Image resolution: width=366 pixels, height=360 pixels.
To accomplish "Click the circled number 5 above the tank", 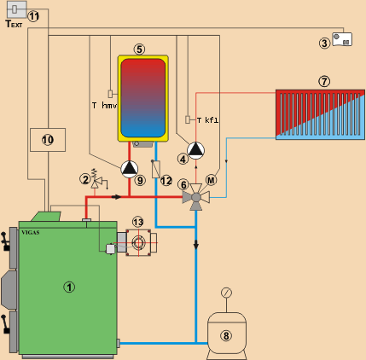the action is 139,49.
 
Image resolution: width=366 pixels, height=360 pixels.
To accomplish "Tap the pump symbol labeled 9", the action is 130,169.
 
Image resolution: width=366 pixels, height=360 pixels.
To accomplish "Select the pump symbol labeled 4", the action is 195,150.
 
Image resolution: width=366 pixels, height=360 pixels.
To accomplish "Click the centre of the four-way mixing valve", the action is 196,197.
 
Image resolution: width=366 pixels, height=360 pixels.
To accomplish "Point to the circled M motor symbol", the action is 211,180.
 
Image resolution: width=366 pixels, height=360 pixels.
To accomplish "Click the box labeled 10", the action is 48,140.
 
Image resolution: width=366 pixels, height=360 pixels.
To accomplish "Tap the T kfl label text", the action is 208,120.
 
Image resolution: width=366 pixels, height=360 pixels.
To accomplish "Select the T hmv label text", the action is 104,106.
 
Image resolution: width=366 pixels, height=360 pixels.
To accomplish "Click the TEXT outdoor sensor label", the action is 14,24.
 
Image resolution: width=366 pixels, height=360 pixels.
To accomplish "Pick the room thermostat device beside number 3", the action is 342,39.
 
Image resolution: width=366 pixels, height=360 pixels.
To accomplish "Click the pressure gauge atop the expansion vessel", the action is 226,293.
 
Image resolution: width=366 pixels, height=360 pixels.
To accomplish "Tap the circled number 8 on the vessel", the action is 226,336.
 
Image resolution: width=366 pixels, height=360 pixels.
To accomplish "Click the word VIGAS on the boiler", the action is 31,232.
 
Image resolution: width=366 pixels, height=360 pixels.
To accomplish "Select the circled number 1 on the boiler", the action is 69,287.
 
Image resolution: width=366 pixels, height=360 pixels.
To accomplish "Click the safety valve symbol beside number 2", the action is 96,179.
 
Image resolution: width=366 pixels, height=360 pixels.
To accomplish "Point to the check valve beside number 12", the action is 155,169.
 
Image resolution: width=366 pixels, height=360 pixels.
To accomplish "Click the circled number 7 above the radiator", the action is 324,82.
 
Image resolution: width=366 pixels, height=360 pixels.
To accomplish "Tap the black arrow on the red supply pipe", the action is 116,196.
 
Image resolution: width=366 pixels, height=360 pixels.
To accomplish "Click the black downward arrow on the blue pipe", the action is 196,244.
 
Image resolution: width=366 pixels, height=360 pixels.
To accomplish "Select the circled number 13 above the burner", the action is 138,222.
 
